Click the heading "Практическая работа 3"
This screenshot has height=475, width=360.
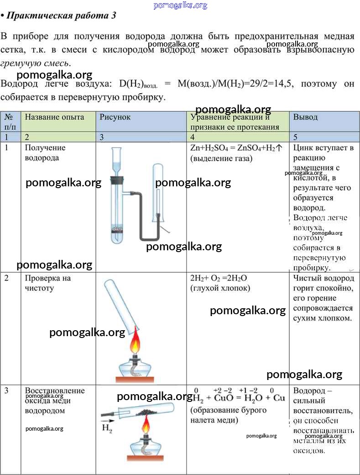(61, 16)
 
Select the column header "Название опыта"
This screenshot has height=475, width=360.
(54, 117)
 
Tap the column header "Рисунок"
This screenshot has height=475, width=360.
(115, 117)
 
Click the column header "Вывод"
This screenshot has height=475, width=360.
(305, 117)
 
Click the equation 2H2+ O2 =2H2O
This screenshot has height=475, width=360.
(219, 278)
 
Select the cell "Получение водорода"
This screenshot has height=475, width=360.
(45, 153)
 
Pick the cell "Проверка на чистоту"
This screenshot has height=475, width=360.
(48, 283)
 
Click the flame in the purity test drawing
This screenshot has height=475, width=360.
(136, 342)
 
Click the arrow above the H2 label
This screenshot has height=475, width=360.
(108, 421)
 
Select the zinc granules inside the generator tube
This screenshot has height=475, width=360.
(118, 228)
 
